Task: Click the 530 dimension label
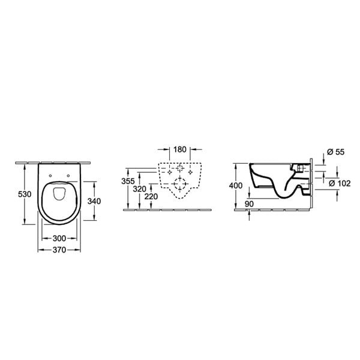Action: [x=25, y=194]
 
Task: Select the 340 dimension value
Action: [x=94, y=201]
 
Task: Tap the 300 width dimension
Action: [x=59, y=238]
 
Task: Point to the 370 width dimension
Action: [x=59, y=250]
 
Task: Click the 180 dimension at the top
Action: [x=179, y=149]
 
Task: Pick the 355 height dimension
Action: [x=128, y=181]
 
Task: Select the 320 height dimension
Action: [x=139, y=189]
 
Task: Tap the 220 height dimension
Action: [x=151, y=197]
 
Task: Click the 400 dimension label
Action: [x=236, y=185]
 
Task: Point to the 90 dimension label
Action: [x=249, y=204]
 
